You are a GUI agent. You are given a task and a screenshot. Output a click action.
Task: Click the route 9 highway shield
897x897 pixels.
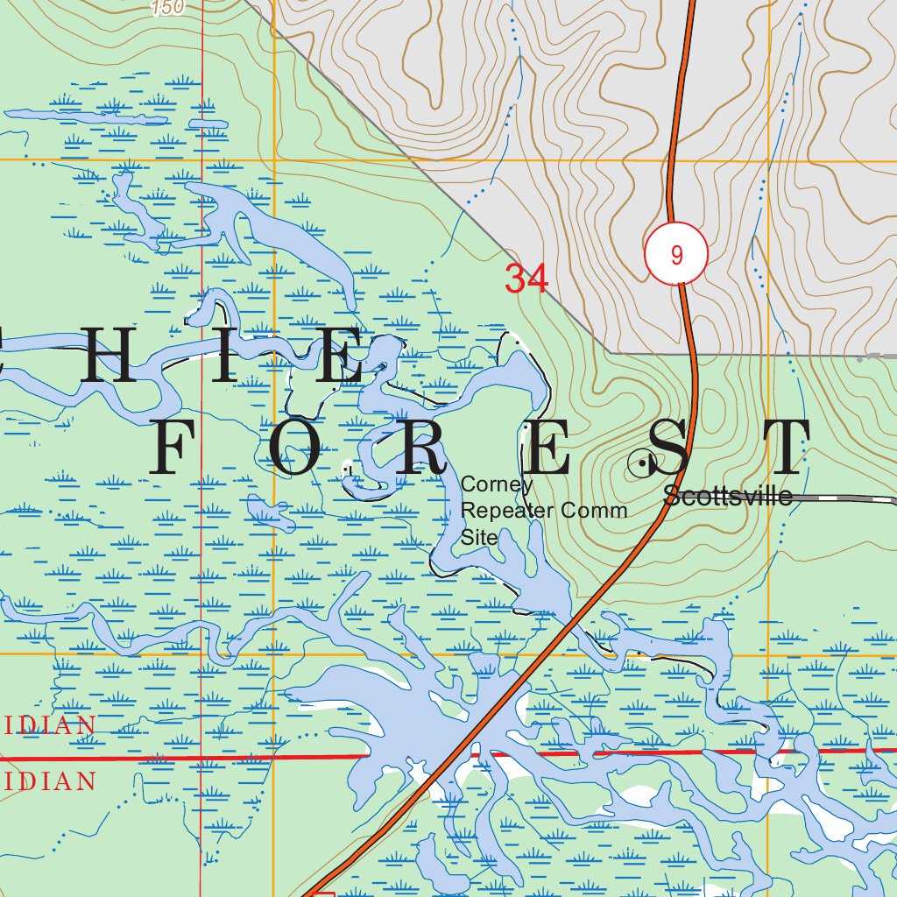[675, 255]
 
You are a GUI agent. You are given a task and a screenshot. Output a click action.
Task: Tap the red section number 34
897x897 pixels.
[526, 279]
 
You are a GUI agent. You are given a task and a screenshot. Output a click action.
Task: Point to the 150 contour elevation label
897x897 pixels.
[167, 8]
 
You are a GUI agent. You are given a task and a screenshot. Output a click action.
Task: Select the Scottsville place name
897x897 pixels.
[728, 497]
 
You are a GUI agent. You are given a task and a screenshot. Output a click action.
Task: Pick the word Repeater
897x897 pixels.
[503, 511]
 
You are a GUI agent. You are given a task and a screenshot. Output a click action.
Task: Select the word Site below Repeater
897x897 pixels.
[479, 537]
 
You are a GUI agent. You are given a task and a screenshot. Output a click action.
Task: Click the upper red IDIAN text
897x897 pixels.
[47, 725]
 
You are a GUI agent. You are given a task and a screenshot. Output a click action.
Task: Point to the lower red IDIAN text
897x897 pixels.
[47, 781]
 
